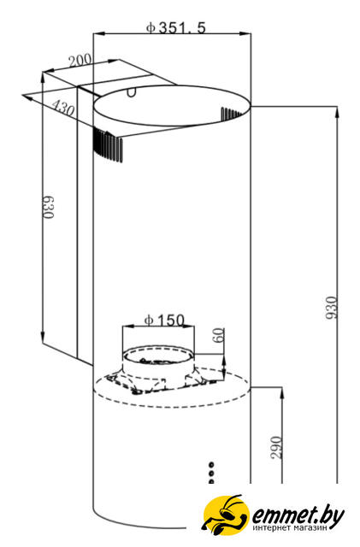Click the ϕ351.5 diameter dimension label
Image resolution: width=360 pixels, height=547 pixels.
coord(176,27)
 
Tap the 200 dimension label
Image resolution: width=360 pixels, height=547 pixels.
coord(80,61)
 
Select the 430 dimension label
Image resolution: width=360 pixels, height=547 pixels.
coord(63,109)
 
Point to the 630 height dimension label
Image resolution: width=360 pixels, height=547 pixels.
coord(49,207)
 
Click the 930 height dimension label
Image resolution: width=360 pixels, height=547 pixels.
coord(331,308)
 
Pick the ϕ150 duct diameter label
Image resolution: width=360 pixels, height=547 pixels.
coord(164,320)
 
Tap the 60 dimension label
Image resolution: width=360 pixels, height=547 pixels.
coord(219,336)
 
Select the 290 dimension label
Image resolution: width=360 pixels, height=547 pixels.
coord(276,448)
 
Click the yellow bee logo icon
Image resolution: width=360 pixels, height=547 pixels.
coord(227,515)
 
